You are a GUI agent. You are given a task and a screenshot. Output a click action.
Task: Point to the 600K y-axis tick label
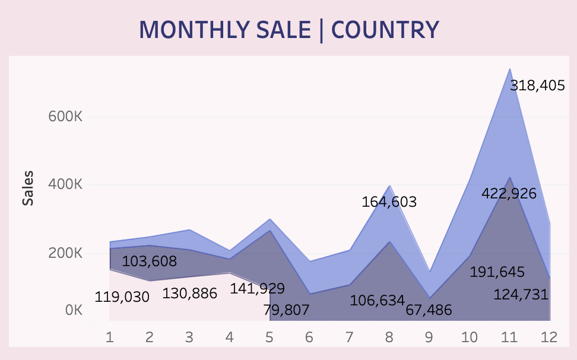click(x=65, y=116)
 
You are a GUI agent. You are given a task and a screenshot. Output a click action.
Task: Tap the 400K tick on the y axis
click(x=65, y=185)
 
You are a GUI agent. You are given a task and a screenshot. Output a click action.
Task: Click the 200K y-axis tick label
click(x=65, y=254)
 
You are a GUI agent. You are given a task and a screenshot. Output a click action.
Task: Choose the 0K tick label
click(x=74, y=311)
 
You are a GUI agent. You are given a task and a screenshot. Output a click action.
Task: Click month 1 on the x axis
click(x=110, y=337)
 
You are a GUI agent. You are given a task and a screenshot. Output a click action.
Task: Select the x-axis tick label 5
click(x=270, y=337)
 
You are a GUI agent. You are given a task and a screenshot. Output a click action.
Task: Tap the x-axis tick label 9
click(x=429, y=337)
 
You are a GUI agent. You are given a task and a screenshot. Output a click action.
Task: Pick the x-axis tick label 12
click(x=549, y=337)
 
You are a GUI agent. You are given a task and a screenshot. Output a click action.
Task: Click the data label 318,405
click(x=537, y=86)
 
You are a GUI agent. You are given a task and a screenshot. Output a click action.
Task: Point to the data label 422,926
click(x=509, y=194)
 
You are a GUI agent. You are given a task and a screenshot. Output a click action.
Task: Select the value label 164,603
click(x=389, y=202)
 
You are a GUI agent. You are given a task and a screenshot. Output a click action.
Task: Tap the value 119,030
click(x=122, y=296)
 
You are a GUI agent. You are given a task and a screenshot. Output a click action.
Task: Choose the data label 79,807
click(x=286, y=310)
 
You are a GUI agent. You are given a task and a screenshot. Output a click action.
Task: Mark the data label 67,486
click(x=429, y=310)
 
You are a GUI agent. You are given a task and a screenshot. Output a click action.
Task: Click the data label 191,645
click(x=497, y=272)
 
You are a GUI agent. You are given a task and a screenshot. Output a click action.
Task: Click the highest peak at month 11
click(x=509, y=70)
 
